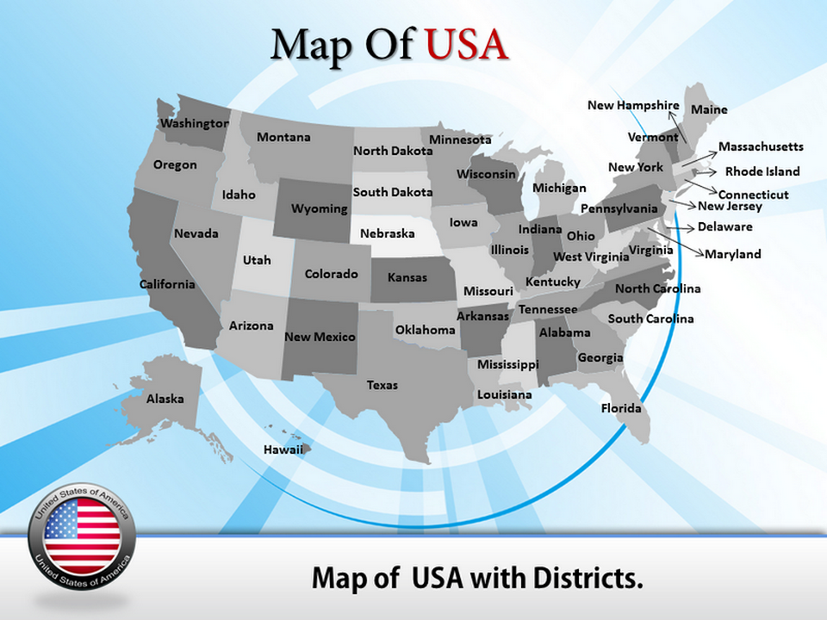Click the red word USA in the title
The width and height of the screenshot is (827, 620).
point(466,45)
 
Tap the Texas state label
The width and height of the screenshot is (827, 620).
point(382,385)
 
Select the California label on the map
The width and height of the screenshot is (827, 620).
point(167,284)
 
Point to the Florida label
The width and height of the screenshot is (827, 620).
point(621,408)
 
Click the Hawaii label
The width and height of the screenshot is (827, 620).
point(283,449)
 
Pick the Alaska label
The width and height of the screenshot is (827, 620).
point(165,399)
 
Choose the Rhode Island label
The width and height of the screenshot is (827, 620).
point(762,171)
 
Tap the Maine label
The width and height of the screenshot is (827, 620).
point(709,109)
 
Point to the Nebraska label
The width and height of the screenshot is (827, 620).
point(387,233)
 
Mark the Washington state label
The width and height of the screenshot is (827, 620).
point(195,123)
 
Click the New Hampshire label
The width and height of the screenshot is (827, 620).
point(633,105)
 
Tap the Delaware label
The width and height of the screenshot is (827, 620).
point(724,227)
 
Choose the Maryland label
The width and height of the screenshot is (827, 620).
point(733,254)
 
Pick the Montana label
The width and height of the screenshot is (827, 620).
point(283,137)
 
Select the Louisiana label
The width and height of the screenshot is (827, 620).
point(505,394)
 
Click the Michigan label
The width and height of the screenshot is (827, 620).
point(559,188)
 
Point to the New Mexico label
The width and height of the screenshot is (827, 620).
point(320,337)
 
